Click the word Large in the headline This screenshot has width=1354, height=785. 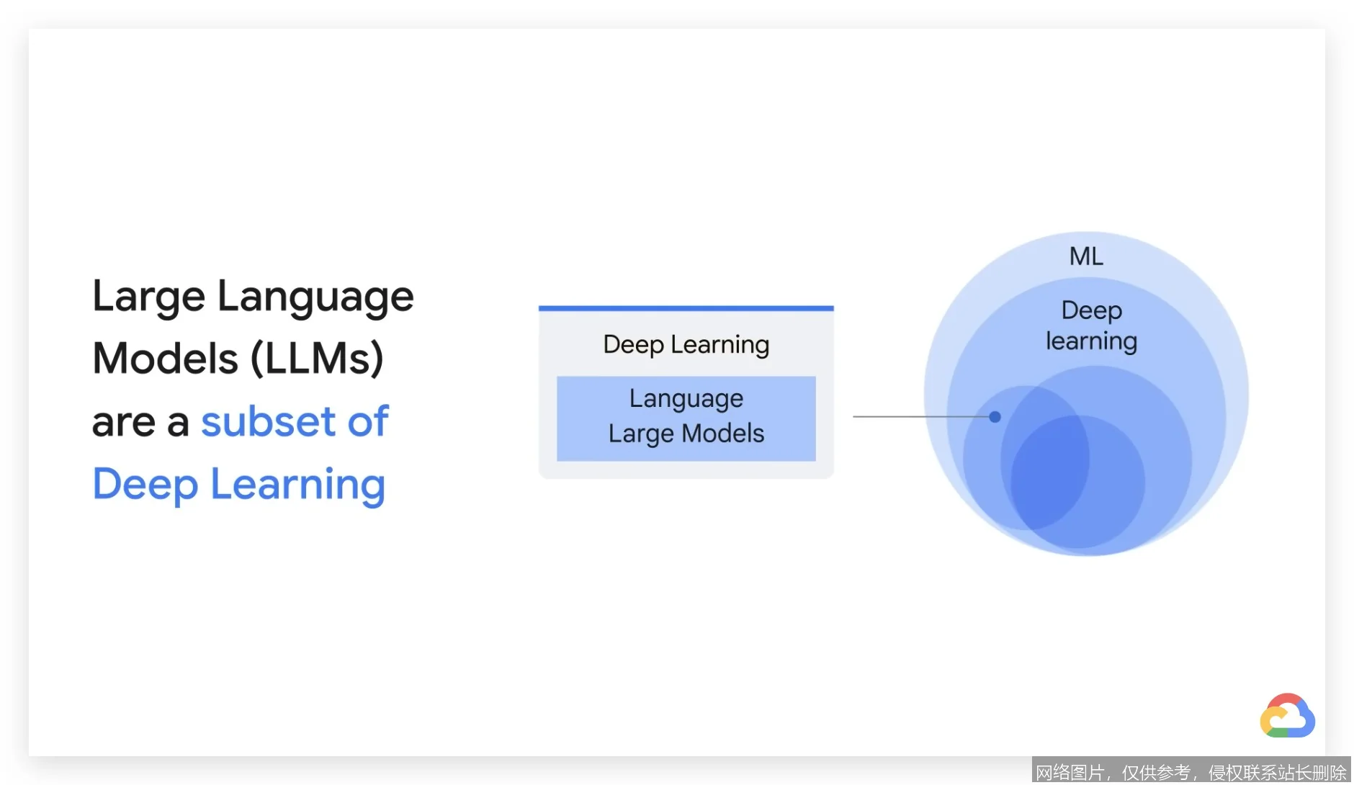coord(149,297)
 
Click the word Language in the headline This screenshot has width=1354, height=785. coord(315,297)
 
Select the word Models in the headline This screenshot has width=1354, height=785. coord(166,358)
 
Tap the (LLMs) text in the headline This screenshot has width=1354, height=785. coord(317,359)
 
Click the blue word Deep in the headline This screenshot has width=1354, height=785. coord(145,485)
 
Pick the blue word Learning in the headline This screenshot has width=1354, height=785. coord(298,485)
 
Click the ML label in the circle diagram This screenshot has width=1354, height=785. coord(1086,256)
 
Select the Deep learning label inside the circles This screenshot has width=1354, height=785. coord(1092,326)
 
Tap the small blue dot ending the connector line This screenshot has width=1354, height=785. coord(995,416)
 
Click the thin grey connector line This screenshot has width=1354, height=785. coord(921,416)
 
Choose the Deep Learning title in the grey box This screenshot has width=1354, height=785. coord(686,345)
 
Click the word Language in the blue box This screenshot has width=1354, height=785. coord(686,399)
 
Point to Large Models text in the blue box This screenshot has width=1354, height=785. coord(686,434)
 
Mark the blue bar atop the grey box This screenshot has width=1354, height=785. coord(686,308)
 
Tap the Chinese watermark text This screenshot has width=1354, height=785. coord(1191,772)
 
